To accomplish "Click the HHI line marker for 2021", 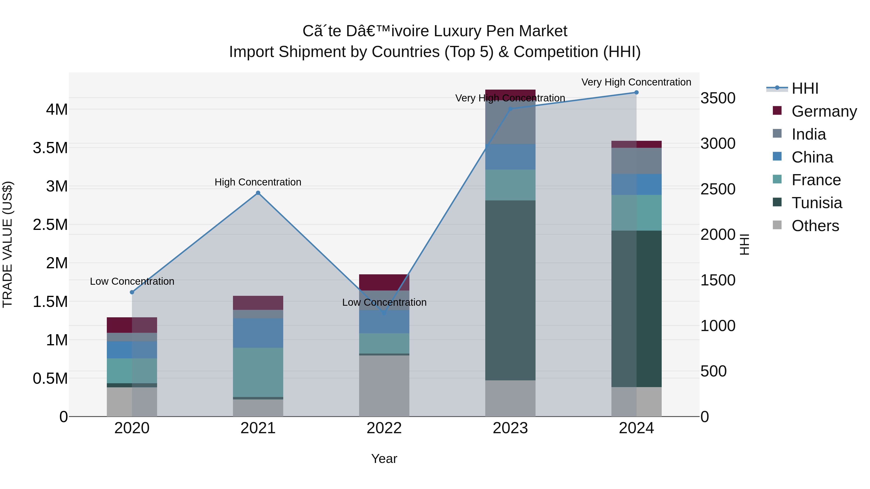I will tap(258, 193).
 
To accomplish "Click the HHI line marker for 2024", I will tap(636, 92).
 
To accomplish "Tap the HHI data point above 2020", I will tap(132, 292).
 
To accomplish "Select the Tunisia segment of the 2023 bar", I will tap(510, 290).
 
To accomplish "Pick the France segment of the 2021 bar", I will tap(258, 372).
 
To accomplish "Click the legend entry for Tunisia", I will tap(816, 203).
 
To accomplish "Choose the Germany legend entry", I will tap(824, 111).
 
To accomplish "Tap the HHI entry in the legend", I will tap(805, 88).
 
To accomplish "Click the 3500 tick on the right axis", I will tap(718, 98).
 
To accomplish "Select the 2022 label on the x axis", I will tap(384, 428).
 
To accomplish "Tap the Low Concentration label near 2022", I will tap(384, 302).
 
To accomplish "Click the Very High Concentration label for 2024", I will tap(636, 82).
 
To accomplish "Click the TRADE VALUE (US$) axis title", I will tap(7, 244).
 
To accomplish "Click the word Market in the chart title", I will tap(543, 31).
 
